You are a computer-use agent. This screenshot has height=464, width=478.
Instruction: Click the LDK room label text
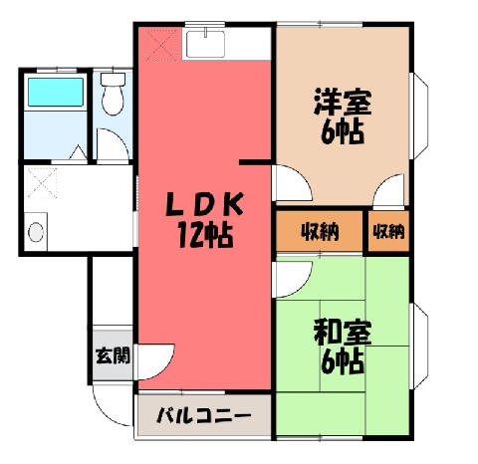click(205, 203)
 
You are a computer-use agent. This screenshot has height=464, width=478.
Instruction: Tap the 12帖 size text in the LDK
click(205, 235)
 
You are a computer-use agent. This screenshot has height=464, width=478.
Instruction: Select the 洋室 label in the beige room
click(343, 102)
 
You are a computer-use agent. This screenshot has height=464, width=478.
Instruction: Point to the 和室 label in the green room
click(343, 332)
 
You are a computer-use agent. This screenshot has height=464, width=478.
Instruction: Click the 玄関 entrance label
click(113, 355)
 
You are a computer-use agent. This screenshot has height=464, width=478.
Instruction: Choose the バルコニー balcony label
click(203, 415)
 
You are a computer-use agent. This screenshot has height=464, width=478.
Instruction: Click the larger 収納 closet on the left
click(320, 231)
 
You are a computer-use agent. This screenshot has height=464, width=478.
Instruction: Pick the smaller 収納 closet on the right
click(388, 231)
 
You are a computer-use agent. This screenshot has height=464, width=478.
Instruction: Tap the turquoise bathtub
click(56, 92)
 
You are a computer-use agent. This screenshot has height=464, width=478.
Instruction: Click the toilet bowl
click(113, 94)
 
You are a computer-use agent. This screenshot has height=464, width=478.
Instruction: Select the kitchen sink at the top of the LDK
click(205, 44)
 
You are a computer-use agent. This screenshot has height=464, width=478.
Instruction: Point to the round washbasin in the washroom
click(36, 232)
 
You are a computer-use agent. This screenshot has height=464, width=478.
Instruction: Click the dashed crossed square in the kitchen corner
click(161, 45)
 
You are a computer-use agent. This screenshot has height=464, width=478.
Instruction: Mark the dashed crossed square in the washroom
click(42, 183)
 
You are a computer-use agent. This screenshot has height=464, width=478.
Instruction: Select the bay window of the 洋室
click(419, 116)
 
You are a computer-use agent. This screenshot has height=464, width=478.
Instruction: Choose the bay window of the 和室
click(419, 347)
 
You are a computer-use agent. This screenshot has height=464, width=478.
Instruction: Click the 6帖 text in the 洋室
click(343, 131)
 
